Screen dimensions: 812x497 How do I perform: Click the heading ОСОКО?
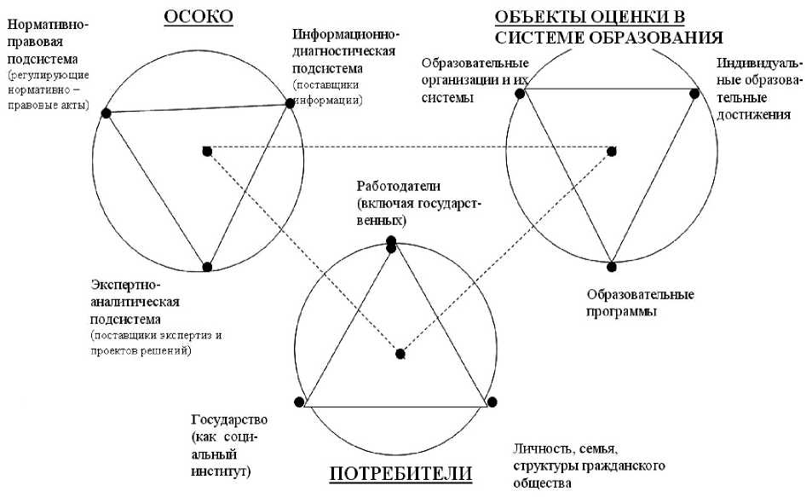click(199, 16)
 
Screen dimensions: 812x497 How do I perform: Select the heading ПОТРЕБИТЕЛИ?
click(400, 474)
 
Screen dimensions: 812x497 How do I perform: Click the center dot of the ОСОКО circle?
click(207, 151)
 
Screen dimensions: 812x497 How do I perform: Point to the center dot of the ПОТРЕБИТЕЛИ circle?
click(400, 354)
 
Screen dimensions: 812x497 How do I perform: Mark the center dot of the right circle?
click(612, 151)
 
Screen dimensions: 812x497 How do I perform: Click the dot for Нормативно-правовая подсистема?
click(106, 113)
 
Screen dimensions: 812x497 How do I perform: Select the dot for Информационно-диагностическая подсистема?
click(289, 104)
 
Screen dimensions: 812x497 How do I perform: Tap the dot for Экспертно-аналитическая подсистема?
click(207, 266)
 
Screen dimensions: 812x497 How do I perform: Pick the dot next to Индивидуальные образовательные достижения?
click(694, 94)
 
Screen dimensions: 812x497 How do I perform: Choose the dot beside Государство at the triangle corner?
click(298, 402)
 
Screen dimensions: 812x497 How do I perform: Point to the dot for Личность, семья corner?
click(492, 402)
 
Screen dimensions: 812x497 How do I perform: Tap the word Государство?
click(230, 420)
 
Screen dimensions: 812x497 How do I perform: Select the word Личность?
click(542, 449)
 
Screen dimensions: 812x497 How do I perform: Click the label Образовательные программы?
click(640, 303)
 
